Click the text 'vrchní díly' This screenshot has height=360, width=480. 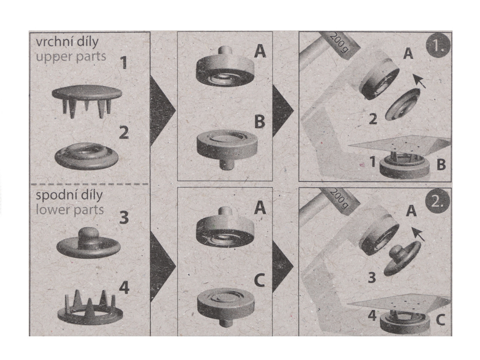pos(67,42)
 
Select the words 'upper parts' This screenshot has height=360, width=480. pos(71,57)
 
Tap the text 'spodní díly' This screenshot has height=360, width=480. pos(69,195)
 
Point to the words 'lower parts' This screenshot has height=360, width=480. pos(69,210)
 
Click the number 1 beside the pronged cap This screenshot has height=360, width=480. pos(124,63)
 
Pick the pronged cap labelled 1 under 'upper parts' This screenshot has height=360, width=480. pos(87,101)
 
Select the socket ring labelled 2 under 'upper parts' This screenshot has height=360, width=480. pos(86,155)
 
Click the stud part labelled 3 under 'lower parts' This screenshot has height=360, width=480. pos(88,242)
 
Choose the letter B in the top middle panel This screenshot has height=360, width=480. pos(259,121)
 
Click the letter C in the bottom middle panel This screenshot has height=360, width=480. pos(259,280)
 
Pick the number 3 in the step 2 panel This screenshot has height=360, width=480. pos(372,277)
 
